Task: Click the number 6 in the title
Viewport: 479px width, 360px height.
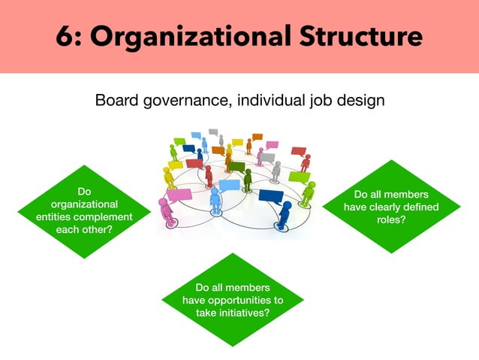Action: click(65, 36)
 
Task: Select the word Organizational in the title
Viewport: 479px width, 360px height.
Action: click(190, 37)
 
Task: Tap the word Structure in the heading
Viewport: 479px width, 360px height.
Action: click(361, 36)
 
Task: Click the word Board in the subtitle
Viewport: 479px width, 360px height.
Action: click(116, 100)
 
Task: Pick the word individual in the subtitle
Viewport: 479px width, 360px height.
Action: click(271, 100)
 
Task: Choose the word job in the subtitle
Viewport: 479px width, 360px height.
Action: click(321, 101)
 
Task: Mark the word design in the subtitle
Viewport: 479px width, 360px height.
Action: click(360, 101)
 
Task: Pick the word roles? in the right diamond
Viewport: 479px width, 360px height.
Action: click(391, 219)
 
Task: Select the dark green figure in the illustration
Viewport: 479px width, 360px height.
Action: click(248, 180)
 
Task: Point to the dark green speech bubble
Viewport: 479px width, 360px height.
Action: click(236, 167)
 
